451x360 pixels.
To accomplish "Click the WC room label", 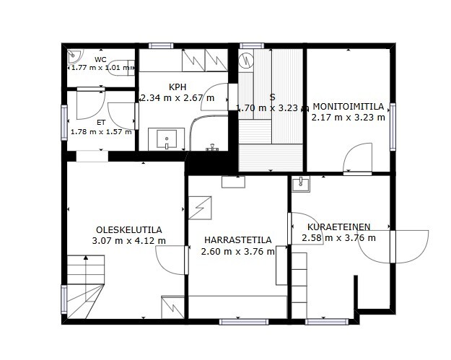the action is (x=100, y=60).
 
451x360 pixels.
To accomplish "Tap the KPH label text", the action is (x=178, y=87).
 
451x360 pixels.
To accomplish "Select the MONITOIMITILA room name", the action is (x=349, y=107).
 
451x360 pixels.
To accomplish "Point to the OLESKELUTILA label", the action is (x=129, y=230).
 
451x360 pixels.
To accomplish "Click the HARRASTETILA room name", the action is (x=238, y=240).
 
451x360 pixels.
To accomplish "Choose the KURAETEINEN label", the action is (x=339, y=227).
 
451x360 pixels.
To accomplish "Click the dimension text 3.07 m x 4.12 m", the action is (x=129, y=241).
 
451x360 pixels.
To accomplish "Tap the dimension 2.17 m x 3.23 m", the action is (x=349, y=118).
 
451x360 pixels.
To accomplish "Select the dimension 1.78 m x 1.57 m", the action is (x=101, y=132).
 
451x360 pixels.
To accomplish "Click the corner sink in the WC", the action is (x=74, y=56).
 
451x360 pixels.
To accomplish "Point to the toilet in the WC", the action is (x=121, y=68).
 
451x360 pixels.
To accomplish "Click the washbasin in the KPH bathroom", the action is (x=166, y=139).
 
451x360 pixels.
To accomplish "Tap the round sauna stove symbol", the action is (x=246, y=60).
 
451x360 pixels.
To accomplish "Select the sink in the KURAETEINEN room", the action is (x=301, y=184).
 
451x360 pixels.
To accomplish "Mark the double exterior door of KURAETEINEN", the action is (x=393, y=247).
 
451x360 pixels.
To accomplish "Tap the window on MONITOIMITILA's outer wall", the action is (x=393, y=127).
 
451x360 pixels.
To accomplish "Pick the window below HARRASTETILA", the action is (x=244, y=322).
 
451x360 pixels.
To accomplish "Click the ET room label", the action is (x=101, y=123).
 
